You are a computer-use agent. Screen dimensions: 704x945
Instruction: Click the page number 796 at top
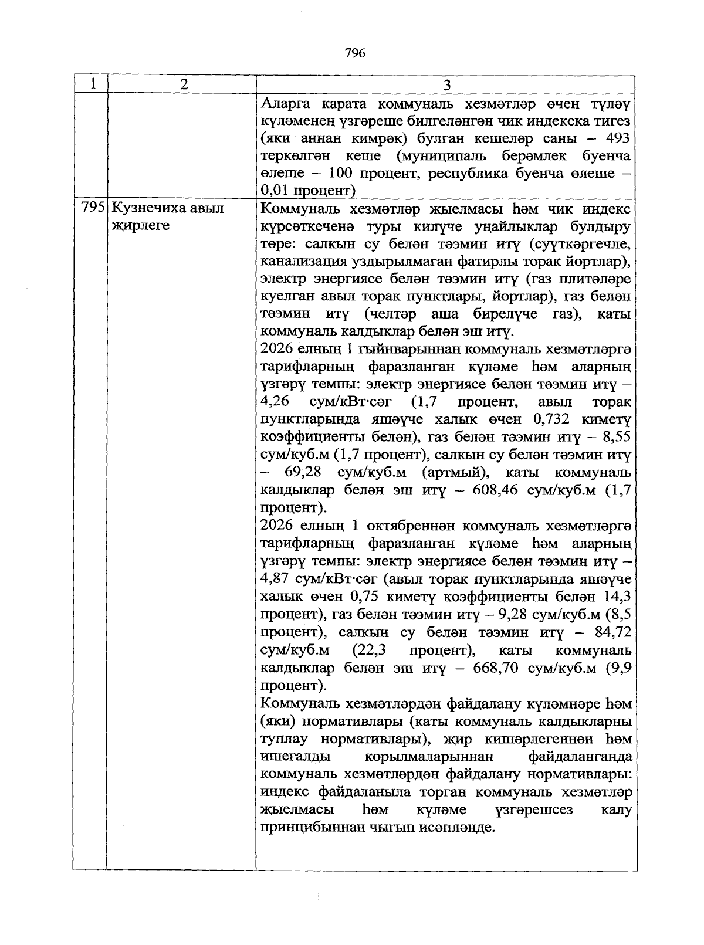(356, 53)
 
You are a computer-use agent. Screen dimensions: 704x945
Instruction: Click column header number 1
(92, 84)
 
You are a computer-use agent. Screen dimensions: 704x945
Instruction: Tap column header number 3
(447, 86)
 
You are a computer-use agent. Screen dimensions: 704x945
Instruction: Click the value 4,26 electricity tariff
(274, 402)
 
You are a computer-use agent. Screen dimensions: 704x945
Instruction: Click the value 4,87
(274, 580)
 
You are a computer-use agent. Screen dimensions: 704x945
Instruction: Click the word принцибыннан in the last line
(310, 828)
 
